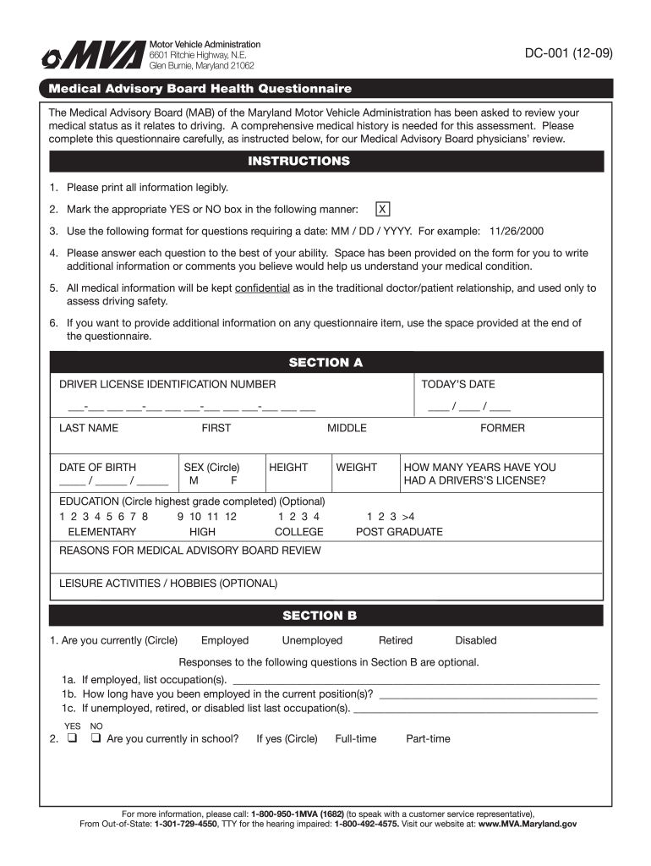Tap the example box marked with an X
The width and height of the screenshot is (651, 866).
click(383, 209)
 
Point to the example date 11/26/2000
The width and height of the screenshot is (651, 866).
click(517, 231)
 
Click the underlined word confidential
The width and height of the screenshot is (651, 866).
click(262, 288)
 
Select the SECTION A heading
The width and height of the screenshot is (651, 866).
click(325, 363)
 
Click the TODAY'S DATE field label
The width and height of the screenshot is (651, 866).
click(458, 385)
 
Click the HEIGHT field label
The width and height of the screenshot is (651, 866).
click(288, 467)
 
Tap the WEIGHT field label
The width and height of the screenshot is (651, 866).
click(356, 467)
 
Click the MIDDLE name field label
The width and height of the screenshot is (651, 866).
click(347, 428)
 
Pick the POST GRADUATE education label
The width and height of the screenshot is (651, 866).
click(399, 532)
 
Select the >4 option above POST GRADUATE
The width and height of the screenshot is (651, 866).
click(408, 516)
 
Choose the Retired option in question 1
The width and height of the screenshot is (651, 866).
click(396, 641)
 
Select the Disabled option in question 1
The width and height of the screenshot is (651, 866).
click(476, 641)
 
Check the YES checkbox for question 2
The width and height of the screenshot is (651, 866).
click(72, 738)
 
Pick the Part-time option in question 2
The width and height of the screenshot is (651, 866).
click(428, 739)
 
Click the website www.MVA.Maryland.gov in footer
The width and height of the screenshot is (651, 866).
click(528, 824)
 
